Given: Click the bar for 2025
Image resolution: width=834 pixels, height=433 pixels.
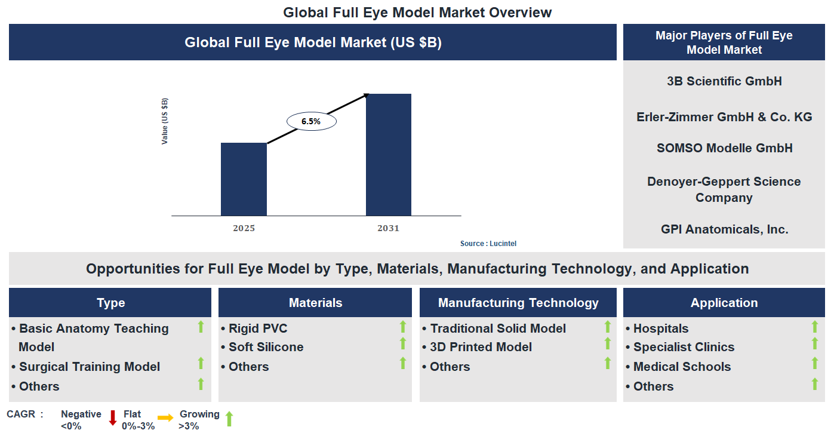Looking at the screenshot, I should pos(244,179).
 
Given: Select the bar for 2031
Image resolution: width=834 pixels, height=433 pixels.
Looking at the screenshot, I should pos(388,155).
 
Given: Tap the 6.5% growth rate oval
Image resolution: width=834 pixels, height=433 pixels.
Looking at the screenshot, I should pos(312,121).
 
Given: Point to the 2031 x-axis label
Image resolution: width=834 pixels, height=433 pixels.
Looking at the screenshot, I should pos(388,228).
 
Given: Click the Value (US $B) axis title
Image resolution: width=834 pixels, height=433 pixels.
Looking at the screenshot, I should pos(165,121).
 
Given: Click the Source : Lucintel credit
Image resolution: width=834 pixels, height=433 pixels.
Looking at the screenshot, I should pos(488,244).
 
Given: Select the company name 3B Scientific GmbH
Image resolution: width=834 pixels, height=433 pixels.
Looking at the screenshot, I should pos(724,81).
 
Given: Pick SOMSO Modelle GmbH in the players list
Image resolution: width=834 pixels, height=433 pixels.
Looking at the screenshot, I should pos(724,148).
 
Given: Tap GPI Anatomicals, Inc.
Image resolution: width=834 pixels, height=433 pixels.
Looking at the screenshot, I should pos(724,229).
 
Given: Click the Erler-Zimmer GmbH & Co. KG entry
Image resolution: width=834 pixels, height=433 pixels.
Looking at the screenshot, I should pos(724,117).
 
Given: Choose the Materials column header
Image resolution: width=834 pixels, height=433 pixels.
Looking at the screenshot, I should pos(315,303).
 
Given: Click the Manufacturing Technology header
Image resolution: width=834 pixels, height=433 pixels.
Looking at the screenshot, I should pos(518,303).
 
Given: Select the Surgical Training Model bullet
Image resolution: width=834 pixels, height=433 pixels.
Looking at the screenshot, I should pos(89,367).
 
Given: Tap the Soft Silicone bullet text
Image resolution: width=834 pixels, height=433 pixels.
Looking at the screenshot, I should pos(266,347).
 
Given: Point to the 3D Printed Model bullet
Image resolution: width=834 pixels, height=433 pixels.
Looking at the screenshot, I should pos(481,347).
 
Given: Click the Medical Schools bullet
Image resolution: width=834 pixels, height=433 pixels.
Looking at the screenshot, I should pos(682,367).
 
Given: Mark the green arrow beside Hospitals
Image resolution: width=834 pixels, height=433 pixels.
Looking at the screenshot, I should pos(814,327).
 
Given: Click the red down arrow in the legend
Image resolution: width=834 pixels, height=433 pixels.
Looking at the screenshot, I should pos(112,418).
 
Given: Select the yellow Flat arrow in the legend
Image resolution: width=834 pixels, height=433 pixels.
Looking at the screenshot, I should pos(165,418).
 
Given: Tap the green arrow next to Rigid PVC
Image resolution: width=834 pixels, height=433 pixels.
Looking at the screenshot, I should pos(403,327).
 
